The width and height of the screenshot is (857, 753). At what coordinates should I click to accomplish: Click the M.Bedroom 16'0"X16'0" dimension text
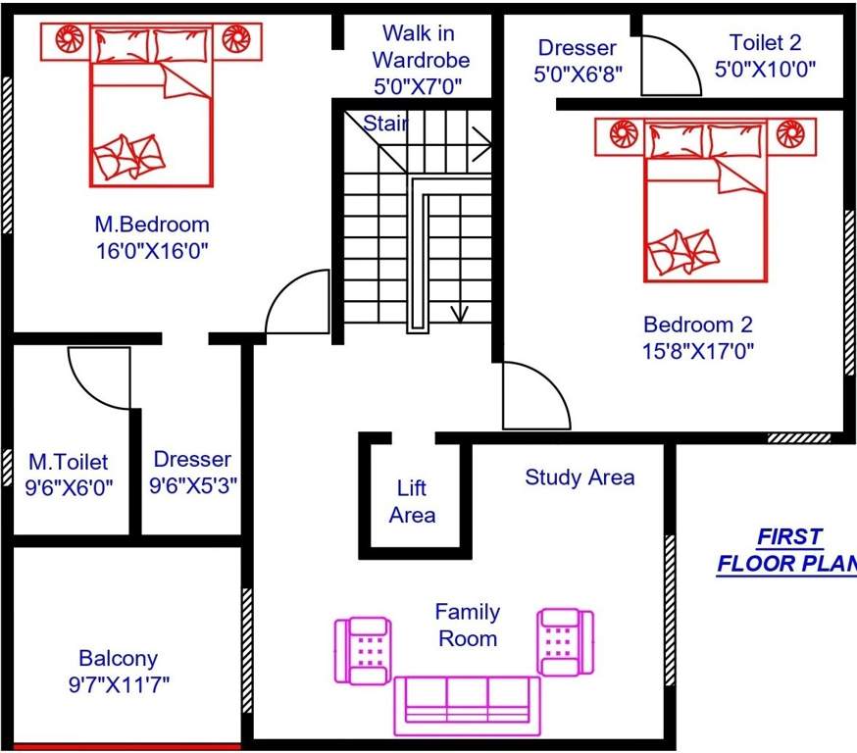pos(151,250)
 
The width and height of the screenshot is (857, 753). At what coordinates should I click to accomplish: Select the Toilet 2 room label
pos(766,42)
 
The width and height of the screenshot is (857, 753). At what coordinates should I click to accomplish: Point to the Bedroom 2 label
pos(697,325)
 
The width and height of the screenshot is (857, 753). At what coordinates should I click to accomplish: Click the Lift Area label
pos(412,501)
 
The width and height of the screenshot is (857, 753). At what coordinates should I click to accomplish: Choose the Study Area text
pos(579,477)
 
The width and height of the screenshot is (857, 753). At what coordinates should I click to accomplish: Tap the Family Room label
pos(467,625)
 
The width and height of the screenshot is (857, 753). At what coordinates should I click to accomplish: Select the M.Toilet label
pos(68,460)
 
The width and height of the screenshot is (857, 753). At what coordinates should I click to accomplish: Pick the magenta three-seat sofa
pos(467,704)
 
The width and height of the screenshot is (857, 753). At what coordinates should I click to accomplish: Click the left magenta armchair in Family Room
pos(362,650)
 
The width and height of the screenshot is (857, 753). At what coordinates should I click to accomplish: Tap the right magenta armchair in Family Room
pos(565,641)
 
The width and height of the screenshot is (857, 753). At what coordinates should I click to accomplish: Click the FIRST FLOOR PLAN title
pos(787,551)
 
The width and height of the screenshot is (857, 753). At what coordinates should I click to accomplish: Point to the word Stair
pos(385,124)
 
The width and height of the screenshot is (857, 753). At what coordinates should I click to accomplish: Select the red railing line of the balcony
pos(126,747)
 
